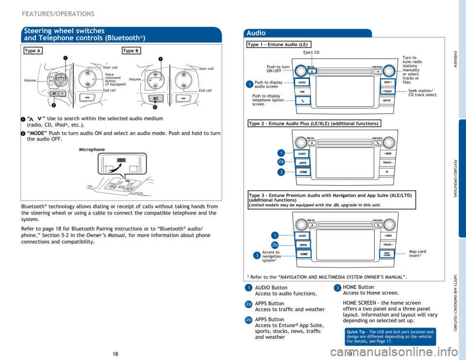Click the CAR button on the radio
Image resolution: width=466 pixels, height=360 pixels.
[x=302, y=91]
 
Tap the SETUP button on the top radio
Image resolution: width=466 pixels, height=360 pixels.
[x=387, y=100]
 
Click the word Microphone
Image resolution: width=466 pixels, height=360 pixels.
[x=92, y=149]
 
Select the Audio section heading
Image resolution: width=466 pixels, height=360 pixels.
[x=256, y=33]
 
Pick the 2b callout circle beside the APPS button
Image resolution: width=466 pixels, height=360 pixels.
[x=275, y=245]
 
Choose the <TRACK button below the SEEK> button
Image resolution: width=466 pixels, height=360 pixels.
[x=387, y=91]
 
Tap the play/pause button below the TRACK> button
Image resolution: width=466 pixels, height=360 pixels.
[x=387, y=172]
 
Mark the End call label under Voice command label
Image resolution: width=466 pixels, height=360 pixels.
[x=110, y=90]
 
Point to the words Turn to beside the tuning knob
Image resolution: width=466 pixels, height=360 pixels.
[x=409, y=58]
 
